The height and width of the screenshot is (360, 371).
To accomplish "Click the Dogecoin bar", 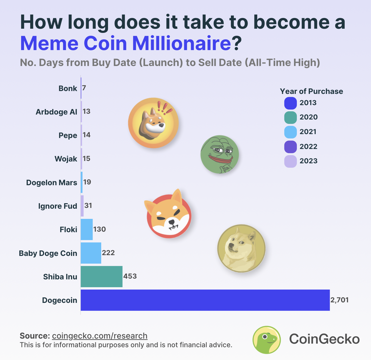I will pos(205,300).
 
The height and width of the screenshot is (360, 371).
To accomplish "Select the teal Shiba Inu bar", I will pos(101,277).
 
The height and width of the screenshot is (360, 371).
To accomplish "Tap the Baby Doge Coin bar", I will pos(91,253).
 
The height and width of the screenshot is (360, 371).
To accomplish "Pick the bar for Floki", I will pos(87,229).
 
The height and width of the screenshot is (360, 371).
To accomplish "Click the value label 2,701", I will pos(339,300).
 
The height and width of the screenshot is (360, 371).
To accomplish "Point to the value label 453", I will pos(130,276).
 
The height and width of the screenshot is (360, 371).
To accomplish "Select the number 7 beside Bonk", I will pos(84,88).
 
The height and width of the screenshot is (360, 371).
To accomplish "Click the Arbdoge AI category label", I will pos(56,112).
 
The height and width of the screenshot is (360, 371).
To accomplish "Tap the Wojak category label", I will pos(66,159).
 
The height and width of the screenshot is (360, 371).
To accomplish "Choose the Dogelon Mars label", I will pos(52,183).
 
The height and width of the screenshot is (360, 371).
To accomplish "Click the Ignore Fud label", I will pos(58,206).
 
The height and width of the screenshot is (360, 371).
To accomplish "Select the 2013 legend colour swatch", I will pos(290,103).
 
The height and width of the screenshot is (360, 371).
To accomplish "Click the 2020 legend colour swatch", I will pos(290,117).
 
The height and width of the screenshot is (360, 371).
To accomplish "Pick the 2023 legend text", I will pos(308,161).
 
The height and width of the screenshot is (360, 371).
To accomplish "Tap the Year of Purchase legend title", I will pos(311,91).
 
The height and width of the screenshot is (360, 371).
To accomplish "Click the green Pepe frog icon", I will pos(220,154).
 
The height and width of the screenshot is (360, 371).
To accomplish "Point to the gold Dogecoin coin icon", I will pos(241,248).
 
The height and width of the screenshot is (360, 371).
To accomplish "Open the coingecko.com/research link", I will pos(100,336).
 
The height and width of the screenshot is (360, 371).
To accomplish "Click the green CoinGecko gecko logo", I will pos(267,340).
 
